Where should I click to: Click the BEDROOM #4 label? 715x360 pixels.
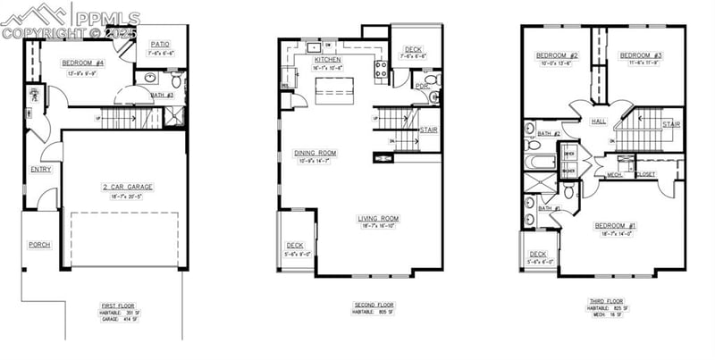tap(83, 63)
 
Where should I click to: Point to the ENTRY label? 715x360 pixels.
tap(41, 169)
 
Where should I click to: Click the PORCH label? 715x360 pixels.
tap(39, 244)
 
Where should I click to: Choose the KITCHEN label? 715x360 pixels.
tap(327, 60)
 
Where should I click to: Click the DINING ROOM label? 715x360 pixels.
tap(315, 153)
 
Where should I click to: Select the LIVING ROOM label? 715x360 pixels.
tap(379, 217)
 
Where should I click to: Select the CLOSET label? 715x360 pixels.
tap(644, 175)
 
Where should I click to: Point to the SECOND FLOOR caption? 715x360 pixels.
tap(373, 306)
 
